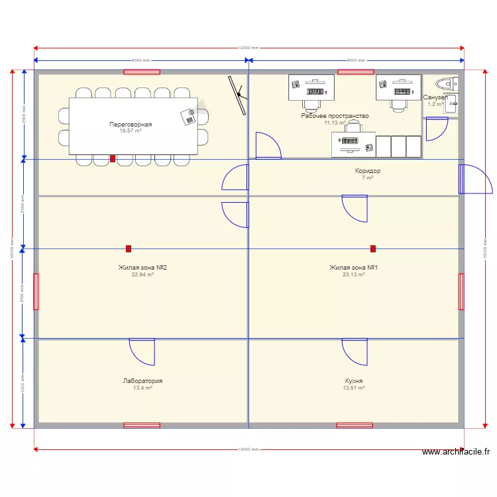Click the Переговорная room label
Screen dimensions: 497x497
(131, 124)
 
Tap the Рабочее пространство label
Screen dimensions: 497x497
(335, 116)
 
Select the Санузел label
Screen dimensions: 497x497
(435, 97)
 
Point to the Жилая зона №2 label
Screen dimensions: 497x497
(142, 268)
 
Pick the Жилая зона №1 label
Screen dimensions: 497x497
(353, 268)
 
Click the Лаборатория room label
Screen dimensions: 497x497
(142, 381)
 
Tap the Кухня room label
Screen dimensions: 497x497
(354, 381)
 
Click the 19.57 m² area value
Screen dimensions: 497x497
(131, 131)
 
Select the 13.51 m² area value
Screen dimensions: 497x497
(354, 388)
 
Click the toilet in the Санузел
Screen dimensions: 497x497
(445, 83)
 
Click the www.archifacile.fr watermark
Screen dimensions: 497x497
(457, 452)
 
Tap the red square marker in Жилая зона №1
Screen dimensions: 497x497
(373, 248)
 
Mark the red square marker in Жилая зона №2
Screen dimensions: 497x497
(129, 248)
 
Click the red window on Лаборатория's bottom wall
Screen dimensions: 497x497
(142, 425)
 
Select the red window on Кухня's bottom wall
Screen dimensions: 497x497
(354, 425)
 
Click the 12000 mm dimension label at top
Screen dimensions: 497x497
(248, 48)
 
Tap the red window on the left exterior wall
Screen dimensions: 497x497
(36, 292)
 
